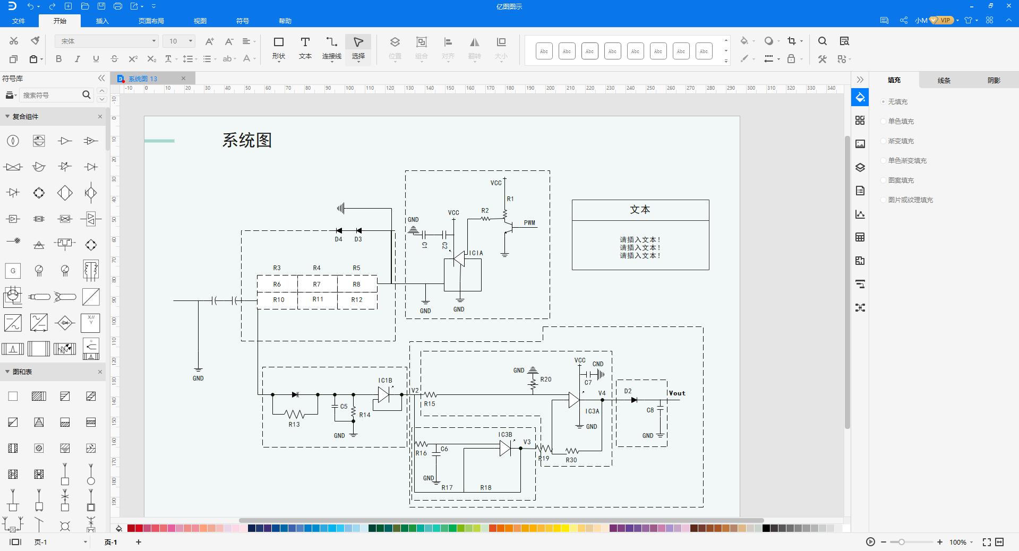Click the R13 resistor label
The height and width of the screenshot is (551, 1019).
coord(294,424)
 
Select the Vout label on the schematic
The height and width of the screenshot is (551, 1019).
coord(677,393)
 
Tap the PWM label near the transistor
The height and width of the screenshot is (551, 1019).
coord(529,223)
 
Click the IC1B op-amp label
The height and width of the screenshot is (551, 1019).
coord(386,381)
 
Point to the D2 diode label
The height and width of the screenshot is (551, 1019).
coord(628,391)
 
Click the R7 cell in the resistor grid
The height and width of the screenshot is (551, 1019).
coord(317,285)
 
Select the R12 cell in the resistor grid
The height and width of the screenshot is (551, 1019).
coord(357,300)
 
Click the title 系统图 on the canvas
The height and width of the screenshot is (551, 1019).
coord(247,140)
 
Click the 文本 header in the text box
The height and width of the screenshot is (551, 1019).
coord(640,210)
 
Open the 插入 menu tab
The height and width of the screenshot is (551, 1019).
coord(102,21)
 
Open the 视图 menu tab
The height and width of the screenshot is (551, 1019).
coord(200,21)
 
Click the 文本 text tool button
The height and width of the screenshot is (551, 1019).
coord(305,48)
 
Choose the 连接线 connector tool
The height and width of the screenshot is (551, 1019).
coord(332,48)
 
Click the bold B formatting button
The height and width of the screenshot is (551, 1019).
coord(59,59)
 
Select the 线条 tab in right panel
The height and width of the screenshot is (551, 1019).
coord(944,80)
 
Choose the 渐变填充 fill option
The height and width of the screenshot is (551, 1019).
coord(901,141)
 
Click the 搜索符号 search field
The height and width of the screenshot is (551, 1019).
coord(50,95)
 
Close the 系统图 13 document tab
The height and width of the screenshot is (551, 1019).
coord(184,79)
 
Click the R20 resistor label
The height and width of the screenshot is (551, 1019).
coord(546,380)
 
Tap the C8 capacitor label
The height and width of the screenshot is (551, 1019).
coord(650,410)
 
